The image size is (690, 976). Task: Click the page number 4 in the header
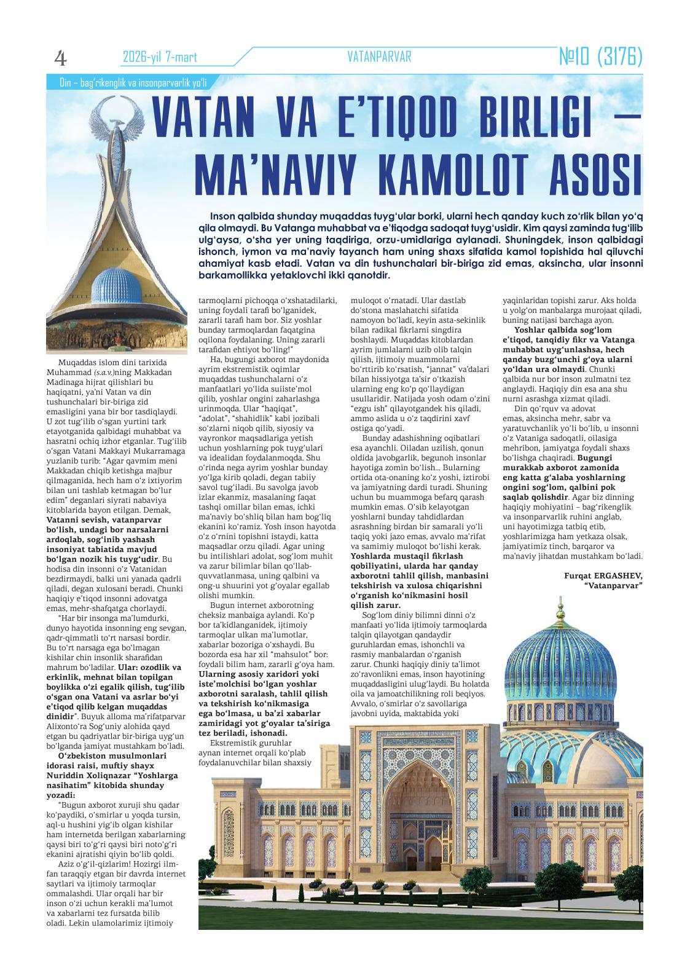coord(60,58)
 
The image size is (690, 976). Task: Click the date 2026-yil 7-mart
coord(160,58)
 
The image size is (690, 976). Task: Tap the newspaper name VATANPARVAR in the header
coord(379,57)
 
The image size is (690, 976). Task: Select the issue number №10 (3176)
coord(600,58)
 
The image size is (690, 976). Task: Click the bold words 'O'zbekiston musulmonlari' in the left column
coord(103,755)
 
